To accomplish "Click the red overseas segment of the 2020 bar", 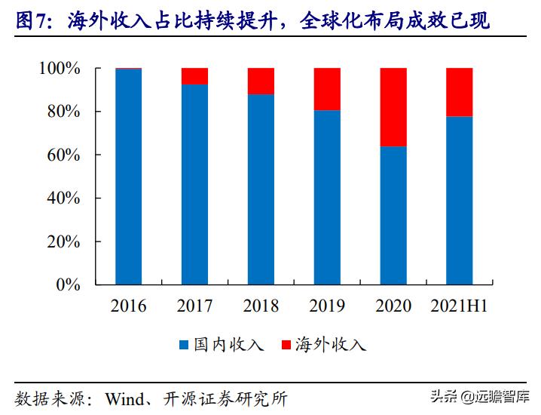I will pos(393,107).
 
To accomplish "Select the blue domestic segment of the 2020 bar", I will pos(393,216).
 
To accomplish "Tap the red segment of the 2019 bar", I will pos(326,89).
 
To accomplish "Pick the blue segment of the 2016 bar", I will pos(128,177).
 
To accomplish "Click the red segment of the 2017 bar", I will pos(194,76).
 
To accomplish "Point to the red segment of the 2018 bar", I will pos(261,81).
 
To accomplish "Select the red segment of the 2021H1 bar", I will pos(459,92).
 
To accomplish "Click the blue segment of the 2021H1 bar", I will pos(459,201).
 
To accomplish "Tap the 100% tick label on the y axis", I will pos(59,69).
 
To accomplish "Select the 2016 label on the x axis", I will pos(128,306).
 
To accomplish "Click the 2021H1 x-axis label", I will pos(459,306).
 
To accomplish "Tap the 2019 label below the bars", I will pos(326,306).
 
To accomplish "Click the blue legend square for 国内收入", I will pos(184,346).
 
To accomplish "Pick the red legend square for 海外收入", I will pos(285,346).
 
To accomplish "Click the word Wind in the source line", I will pos(125,397).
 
